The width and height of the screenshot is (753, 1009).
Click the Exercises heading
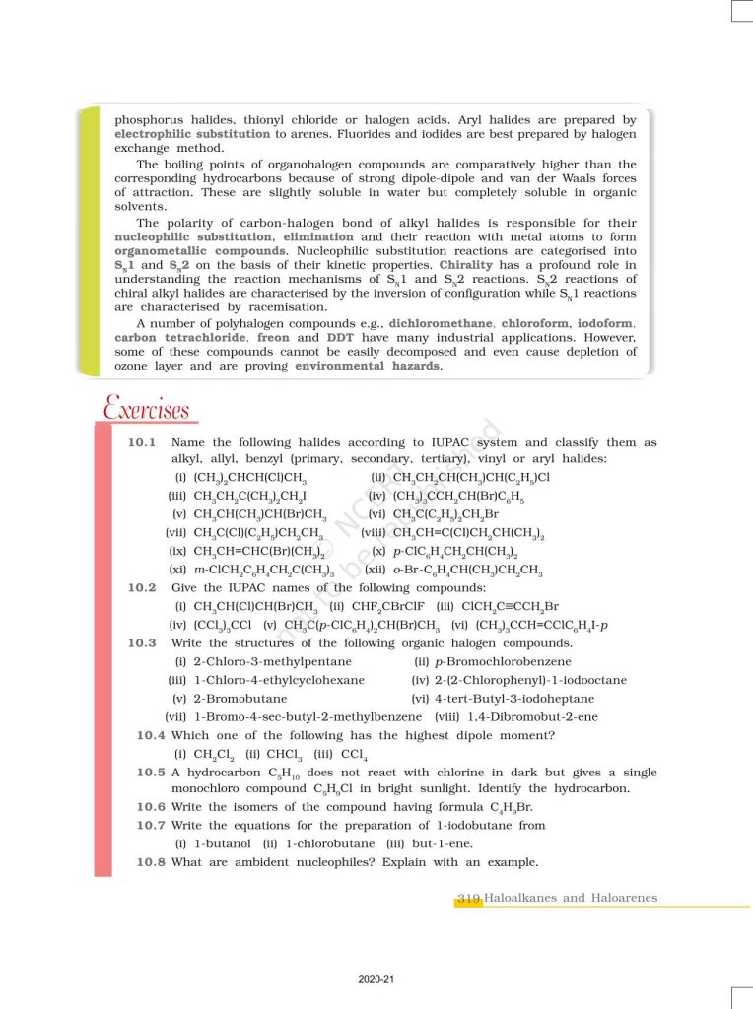point(146,407)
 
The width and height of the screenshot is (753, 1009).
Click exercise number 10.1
point(143,443)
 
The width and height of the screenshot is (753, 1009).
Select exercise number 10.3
point(143,643)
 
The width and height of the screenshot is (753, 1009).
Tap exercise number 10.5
point(152,772)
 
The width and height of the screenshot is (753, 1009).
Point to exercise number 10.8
point(152,862)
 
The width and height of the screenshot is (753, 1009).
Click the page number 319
point(468,898)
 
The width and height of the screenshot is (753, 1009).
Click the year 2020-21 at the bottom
point(376,978)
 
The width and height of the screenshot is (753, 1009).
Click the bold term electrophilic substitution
point(192,133)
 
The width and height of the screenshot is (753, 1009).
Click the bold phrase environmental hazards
point(369,366)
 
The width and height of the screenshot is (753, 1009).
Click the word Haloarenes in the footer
point(623,898)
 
